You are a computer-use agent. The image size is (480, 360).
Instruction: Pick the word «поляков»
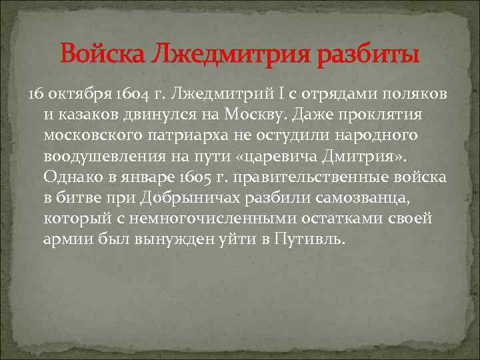[x=413, y=92]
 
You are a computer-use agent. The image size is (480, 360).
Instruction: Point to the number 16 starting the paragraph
[x=35, y=92]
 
